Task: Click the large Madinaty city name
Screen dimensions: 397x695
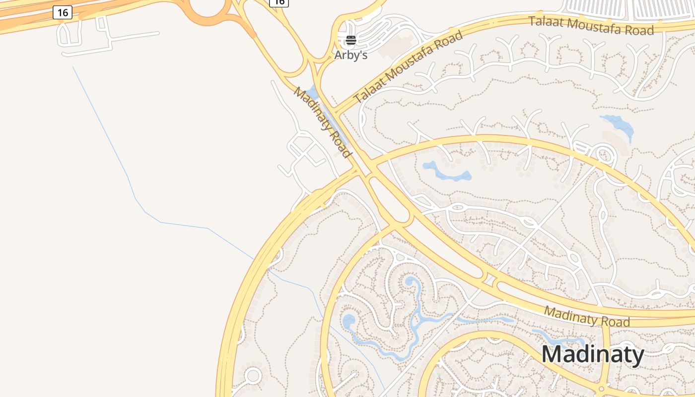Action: [x=593, y=355]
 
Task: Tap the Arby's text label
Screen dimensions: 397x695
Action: [x=351, y=55]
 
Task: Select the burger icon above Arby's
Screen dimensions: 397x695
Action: [x=351, y=40]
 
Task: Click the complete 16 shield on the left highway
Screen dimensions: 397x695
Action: [x=63, y=12]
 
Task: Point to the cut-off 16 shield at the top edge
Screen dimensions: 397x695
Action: [x=279, y=2]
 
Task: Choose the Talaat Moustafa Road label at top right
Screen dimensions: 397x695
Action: [x=591, y=25]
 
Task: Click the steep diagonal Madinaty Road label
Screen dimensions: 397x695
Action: [x=323, y=122]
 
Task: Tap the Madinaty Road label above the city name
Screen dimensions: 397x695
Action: [x=587, y=316]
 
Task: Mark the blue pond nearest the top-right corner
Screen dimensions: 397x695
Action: [x=618, y=125]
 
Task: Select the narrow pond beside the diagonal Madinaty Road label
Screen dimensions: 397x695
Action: [x=313, y=94]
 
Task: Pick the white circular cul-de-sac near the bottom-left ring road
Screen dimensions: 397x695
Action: [x=253, y=376]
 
